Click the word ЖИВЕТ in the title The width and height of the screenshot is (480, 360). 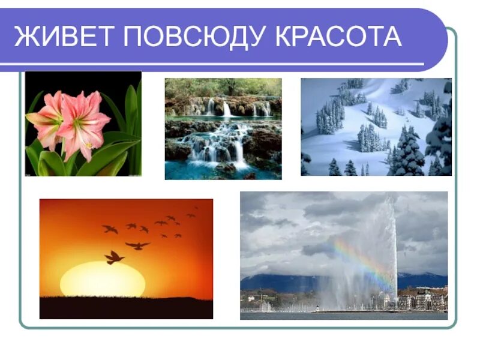62,37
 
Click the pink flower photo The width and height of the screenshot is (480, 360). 83,124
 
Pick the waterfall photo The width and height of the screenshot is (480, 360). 223,128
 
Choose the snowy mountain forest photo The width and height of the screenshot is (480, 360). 376,127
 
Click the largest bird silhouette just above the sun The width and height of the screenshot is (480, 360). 113,257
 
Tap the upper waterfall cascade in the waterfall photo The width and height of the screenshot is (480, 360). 226,109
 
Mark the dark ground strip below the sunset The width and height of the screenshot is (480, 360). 126,308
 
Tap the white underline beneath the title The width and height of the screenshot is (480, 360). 216,64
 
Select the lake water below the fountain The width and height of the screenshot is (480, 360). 342,315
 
